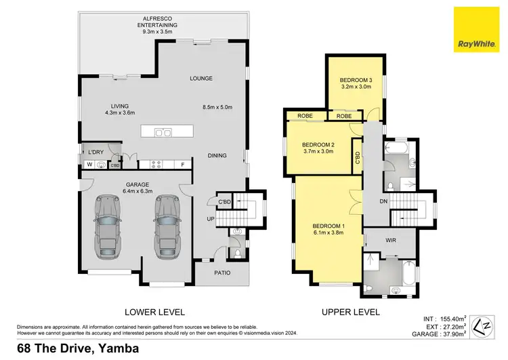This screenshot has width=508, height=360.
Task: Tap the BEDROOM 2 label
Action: pos(318,148)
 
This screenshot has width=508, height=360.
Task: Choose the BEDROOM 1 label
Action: pos(329,228)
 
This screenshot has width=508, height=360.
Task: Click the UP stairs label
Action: pos(211,218)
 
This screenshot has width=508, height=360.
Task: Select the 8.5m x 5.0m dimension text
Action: pos(217,106)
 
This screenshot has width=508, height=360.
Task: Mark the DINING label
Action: pos(217,156)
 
